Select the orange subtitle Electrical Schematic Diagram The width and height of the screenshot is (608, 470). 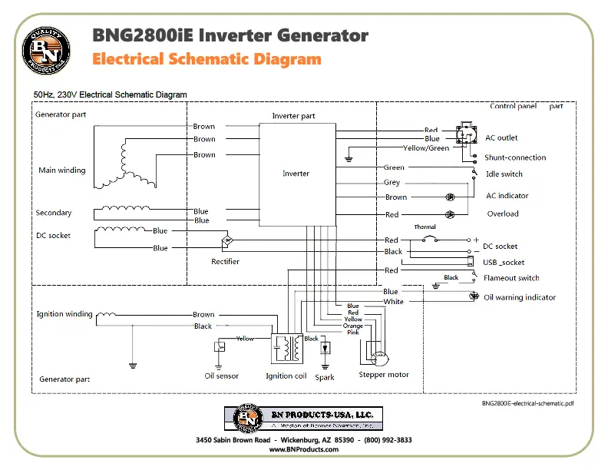tap(206, 59)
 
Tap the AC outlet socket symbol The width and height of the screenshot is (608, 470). tap(465, 135)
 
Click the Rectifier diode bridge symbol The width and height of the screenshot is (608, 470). tap(228, 242)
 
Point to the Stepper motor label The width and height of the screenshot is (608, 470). tap(384, 375)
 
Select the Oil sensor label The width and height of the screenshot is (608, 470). tap(221, 376)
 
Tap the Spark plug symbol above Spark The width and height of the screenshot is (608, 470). tap(325, 348)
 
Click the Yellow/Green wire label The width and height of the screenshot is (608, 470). tap(426, 148)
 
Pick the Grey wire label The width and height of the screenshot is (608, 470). tap(392, 183)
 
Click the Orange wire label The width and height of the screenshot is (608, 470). tap(352, 326)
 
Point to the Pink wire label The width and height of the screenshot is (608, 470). tap(352, 333)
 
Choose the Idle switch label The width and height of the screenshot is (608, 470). tap(504, 174)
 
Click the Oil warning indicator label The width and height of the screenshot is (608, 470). tap(520, 297)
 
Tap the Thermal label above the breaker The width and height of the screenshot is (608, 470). tap(425, 227)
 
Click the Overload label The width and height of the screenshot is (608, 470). tap(503, 214)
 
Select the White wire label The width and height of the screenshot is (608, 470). tap(393, 302)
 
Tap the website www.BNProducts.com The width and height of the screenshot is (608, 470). tap(303, 449)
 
